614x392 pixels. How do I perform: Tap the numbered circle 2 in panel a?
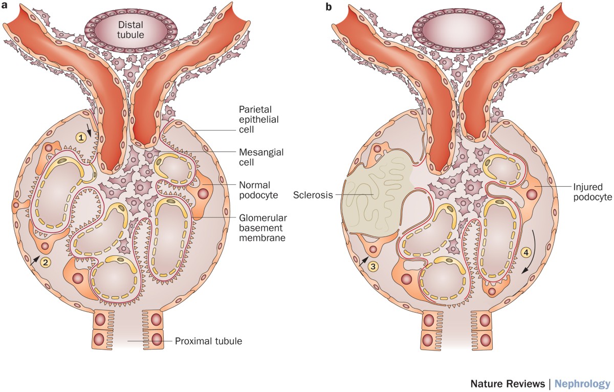tap(46, 263)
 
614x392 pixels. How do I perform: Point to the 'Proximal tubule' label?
tap(206, 341)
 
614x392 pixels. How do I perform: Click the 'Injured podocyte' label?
tap(583, 192)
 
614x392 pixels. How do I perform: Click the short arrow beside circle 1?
tap(91, 132)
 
